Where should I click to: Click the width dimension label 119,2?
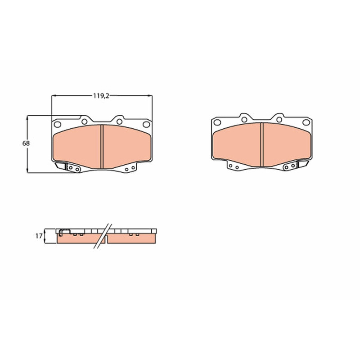[101, 96]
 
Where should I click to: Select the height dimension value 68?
[26, 144]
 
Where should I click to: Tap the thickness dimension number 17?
[39, 236]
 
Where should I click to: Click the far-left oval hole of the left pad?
[58, 125]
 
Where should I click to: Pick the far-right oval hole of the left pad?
[146, 125]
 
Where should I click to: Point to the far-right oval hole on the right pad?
[306, 122]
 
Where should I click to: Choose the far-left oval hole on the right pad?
[217, 122]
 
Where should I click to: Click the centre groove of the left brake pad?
[102, 147]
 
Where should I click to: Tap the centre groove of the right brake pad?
[262, 144]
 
